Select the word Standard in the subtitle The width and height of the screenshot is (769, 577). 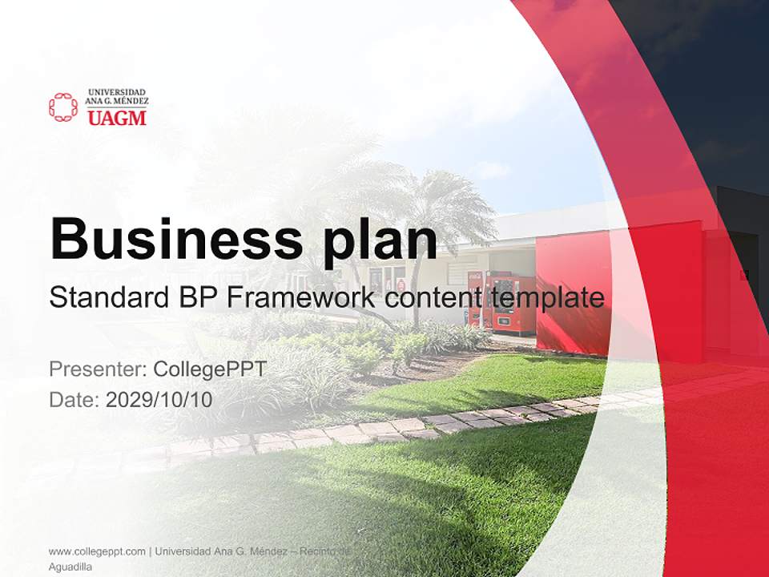(x=107, y=298)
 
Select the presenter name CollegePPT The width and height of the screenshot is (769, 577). (x=209, y=369)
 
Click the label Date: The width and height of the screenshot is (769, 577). (x=74, y=400)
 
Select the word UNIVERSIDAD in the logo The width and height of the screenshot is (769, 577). (x=117, y=92)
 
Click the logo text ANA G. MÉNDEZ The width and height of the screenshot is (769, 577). (x=117, y=102)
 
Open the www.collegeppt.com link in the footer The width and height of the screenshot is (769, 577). (x=97, y=551)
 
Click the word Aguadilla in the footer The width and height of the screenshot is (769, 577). (x=70, y=567)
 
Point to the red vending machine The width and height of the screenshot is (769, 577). (x=512, y=303)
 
